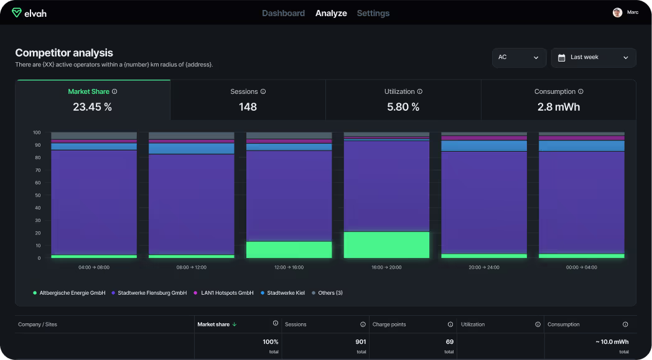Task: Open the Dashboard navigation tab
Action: (x=283, y=13)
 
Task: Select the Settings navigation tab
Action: (x=373, y=13)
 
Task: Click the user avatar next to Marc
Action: (x=617, y=12)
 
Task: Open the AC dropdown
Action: (x=519, y=57)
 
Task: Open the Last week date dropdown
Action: (x=593, y=57)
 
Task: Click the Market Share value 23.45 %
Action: (x=92, y=107)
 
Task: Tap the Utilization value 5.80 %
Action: (x=403, y=107)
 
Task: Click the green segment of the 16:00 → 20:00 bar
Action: (x=386, y=245)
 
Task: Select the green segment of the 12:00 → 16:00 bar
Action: (x=289, y=250)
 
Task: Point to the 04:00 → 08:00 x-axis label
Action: (x=94, y=267)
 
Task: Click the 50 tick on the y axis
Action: (x=37, y=195)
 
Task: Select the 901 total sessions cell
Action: (x=360, y=342)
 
